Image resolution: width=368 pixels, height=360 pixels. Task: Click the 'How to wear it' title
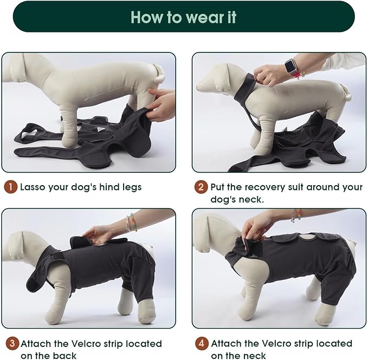click(184, 17)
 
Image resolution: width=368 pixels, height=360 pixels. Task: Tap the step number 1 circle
click(10, 187)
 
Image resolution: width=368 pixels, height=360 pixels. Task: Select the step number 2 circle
click(201, 187)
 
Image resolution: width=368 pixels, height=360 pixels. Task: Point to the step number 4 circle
click(201, 343)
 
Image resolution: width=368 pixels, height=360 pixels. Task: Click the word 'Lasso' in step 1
click(34, 187)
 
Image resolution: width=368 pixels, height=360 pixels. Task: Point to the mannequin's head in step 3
click(22, 247)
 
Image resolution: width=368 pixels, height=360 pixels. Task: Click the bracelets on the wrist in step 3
click(130, 222)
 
